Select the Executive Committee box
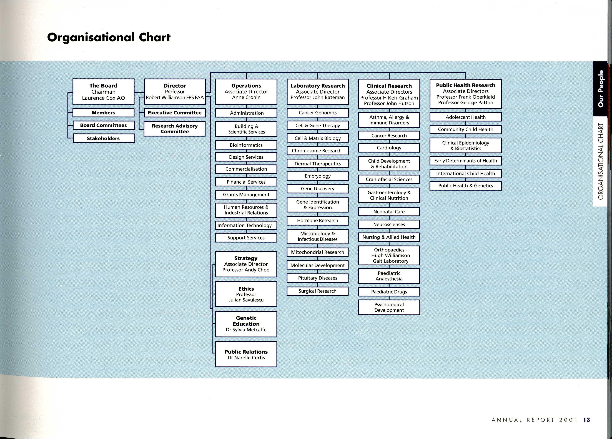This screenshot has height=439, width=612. coord(175,113)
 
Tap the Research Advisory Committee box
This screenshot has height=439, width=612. coord(175,129)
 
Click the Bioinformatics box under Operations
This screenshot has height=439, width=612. coord(246,145)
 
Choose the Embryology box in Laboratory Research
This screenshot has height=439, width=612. coord(318,176)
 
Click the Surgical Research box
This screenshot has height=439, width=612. coord(318,291)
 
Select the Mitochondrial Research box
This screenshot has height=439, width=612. coord(318,252)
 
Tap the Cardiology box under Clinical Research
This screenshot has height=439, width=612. coord(389,148)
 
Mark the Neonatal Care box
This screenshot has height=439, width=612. coord(389,212)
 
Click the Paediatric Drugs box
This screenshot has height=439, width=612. coord(389,292)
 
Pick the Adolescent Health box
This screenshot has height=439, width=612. coord(465,117)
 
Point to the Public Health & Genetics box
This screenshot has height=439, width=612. coord(465,186)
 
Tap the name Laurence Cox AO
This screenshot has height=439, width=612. coord(103,98)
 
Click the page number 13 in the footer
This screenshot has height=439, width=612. coord(587,420)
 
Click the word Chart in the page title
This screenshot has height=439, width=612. coord(155,37)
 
